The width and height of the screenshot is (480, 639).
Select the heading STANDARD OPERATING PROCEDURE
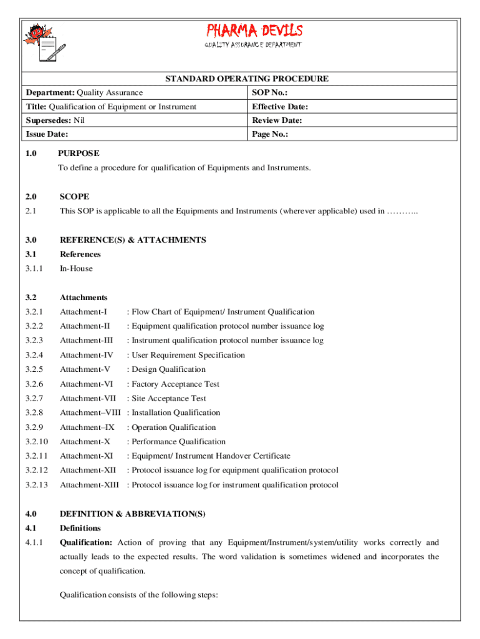pos(247,79)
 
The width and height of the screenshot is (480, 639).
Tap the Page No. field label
pos(270,134)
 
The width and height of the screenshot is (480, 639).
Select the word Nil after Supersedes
pos(79,120)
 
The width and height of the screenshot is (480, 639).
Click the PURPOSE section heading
pos(79,153)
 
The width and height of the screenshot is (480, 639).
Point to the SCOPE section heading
pos(74,197)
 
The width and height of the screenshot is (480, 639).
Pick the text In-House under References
pos(76,268)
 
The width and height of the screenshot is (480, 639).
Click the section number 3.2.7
pos(36,398)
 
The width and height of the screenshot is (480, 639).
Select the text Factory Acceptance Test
pos(176,384)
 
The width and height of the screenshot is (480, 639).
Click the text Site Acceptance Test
pos(169,398)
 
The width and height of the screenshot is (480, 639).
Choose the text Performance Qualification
pos(178,442)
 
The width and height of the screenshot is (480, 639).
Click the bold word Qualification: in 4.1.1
pos(86,542)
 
